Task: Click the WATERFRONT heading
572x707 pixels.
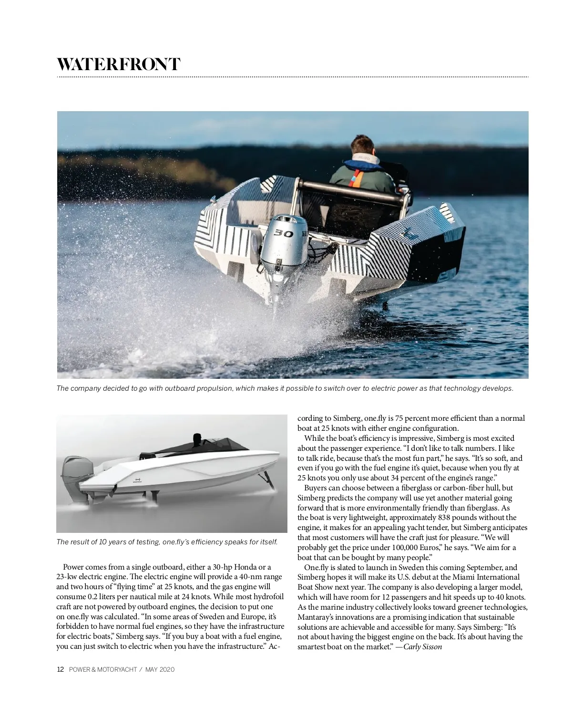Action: click(x=118, y=64)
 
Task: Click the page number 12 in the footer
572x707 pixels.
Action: click(x=60, y=669)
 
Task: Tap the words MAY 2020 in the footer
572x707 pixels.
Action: click(x=160, y=669)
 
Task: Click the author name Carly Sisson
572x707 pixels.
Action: click(x=422, y=647)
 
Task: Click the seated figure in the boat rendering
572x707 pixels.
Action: click(x=197, y=440)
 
